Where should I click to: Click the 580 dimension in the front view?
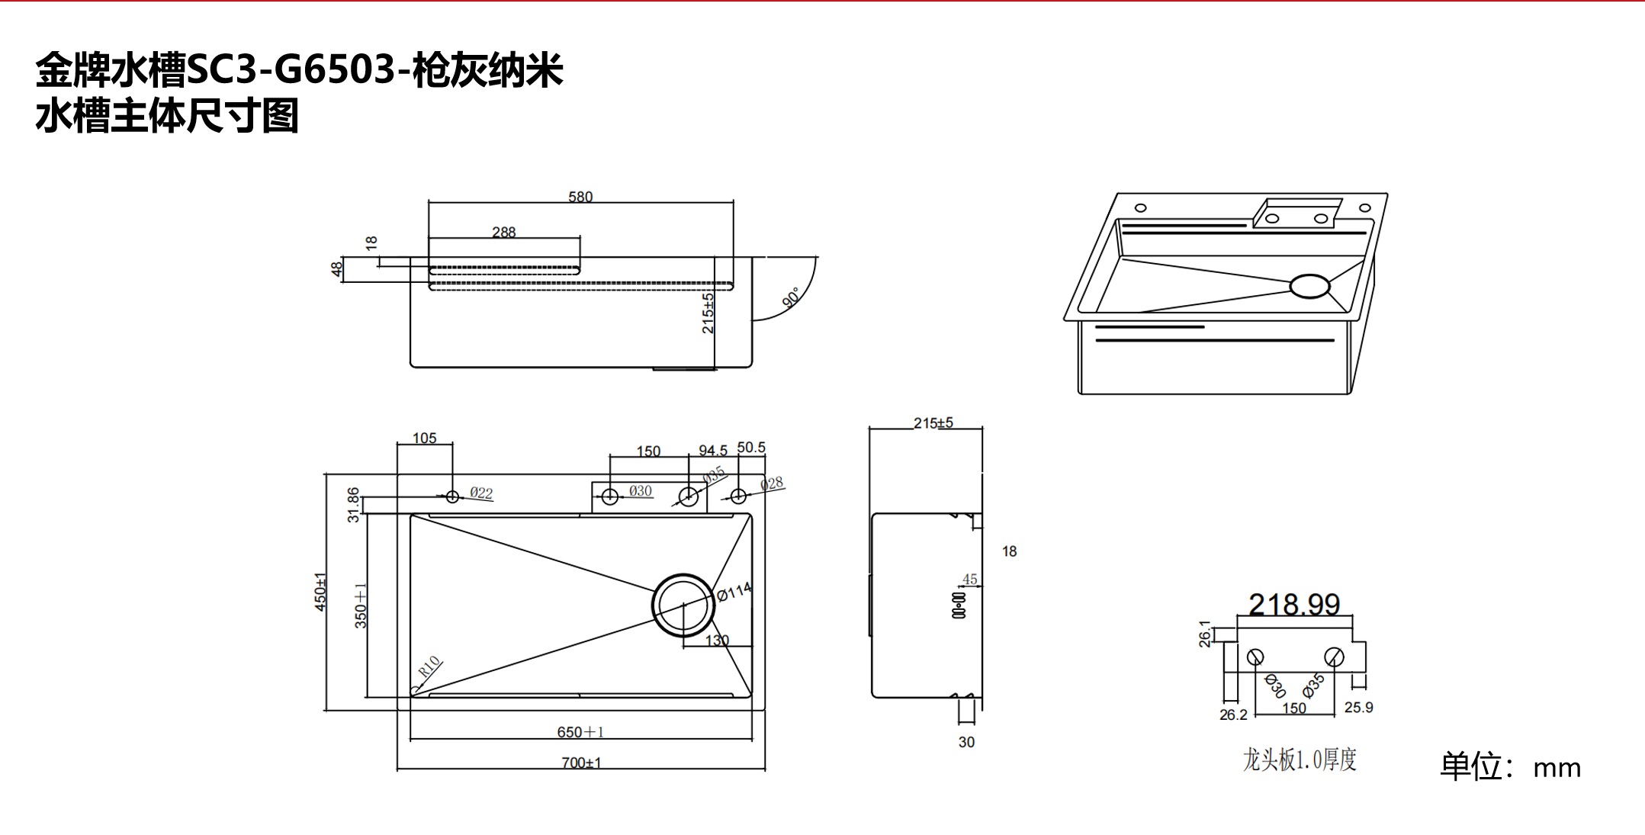580,197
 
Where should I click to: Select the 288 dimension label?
503,232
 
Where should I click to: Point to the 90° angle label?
792,297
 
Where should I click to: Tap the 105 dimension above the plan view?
424,438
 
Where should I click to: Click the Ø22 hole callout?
481,493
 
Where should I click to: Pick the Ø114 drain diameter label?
734,592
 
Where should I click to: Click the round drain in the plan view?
683,605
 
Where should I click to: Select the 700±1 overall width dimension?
581,763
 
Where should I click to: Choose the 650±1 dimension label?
580,732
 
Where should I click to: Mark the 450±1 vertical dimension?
320,591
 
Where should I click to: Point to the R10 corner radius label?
429,667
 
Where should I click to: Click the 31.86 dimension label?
353,505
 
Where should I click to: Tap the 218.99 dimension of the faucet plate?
1294,605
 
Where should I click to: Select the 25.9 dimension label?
1358,708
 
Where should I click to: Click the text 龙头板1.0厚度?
1300,760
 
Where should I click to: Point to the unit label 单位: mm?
1510,766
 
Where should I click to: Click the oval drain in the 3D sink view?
1309,286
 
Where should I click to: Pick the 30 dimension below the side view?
966,742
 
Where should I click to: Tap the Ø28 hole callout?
771,484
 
